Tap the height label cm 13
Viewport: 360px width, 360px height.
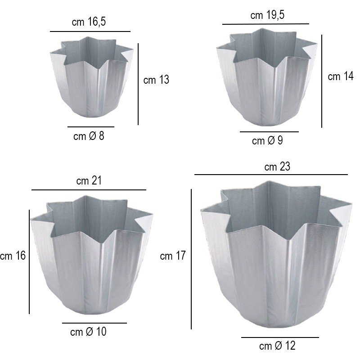pyautogui.click(x=156, y=80)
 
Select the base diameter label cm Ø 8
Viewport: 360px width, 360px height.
pyautogui.click(x=89, y=136)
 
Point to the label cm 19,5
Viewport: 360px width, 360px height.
pyautogui.click(x=267, y=15)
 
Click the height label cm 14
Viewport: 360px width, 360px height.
pyautogui.click(x=341, y=76)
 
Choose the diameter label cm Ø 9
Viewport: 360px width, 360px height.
pyautogui.click(x=267, y=140)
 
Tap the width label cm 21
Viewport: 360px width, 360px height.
pyautogui.click(x=89, y=181)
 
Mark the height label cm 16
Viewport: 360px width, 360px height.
pyautogui.click(x=13, y=256)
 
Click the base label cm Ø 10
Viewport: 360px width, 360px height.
pyautogui.click(x=89, y=332)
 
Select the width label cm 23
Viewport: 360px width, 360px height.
pyautogui.click(x=277, y=167)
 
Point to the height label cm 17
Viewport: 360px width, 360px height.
pyautogui.click(x=173, y=256)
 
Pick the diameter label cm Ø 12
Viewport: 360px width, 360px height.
pyautogui.click(x=277, y=346)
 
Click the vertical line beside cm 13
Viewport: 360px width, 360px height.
pyautogui.click(x=138, y=84)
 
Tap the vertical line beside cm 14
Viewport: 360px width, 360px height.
pyautogui.click(x=322, y=81)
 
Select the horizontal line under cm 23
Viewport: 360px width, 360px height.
pyautogui.click(x=271, y=174)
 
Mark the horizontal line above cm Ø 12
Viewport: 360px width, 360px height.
pyautogui.click(x=280, y=337)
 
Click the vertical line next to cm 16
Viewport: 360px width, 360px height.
pyautogui.click(x=29, y=261)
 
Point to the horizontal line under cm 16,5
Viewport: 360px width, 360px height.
pyautogui.click(x=90, y=31)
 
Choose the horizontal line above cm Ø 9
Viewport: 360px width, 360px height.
pyautogui.click(x=269, y=132)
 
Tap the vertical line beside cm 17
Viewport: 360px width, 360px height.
pyautogui.click(x=192, y=259)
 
